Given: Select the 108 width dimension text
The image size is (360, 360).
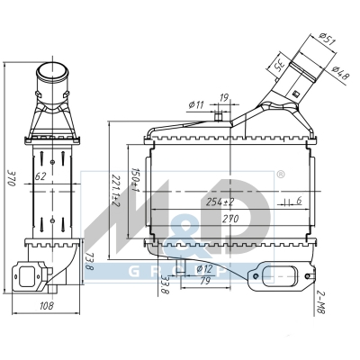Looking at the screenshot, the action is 47,306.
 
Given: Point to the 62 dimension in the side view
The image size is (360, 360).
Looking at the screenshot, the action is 40,176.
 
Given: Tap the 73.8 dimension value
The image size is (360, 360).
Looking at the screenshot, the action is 89,261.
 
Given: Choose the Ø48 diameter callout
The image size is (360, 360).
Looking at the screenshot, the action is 341,72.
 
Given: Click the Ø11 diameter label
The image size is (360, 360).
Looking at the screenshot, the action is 196,105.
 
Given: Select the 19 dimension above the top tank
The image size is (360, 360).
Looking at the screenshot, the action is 224,98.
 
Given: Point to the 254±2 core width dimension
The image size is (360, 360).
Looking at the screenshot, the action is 220,202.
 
